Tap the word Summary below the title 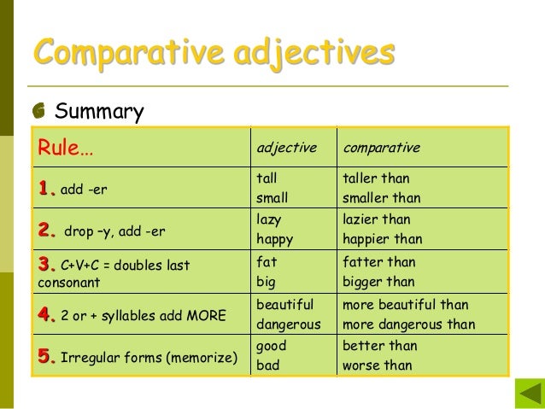99,112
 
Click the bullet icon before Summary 39,112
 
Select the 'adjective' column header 286,148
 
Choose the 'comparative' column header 381,148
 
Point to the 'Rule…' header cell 65,149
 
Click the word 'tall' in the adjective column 267,178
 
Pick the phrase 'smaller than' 381,198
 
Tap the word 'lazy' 269,219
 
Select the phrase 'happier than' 382,239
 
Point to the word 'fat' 267,262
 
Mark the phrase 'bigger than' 378,282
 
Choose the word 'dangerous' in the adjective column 289,324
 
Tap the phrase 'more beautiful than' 405,304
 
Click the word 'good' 271,346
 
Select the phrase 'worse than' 377,365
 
